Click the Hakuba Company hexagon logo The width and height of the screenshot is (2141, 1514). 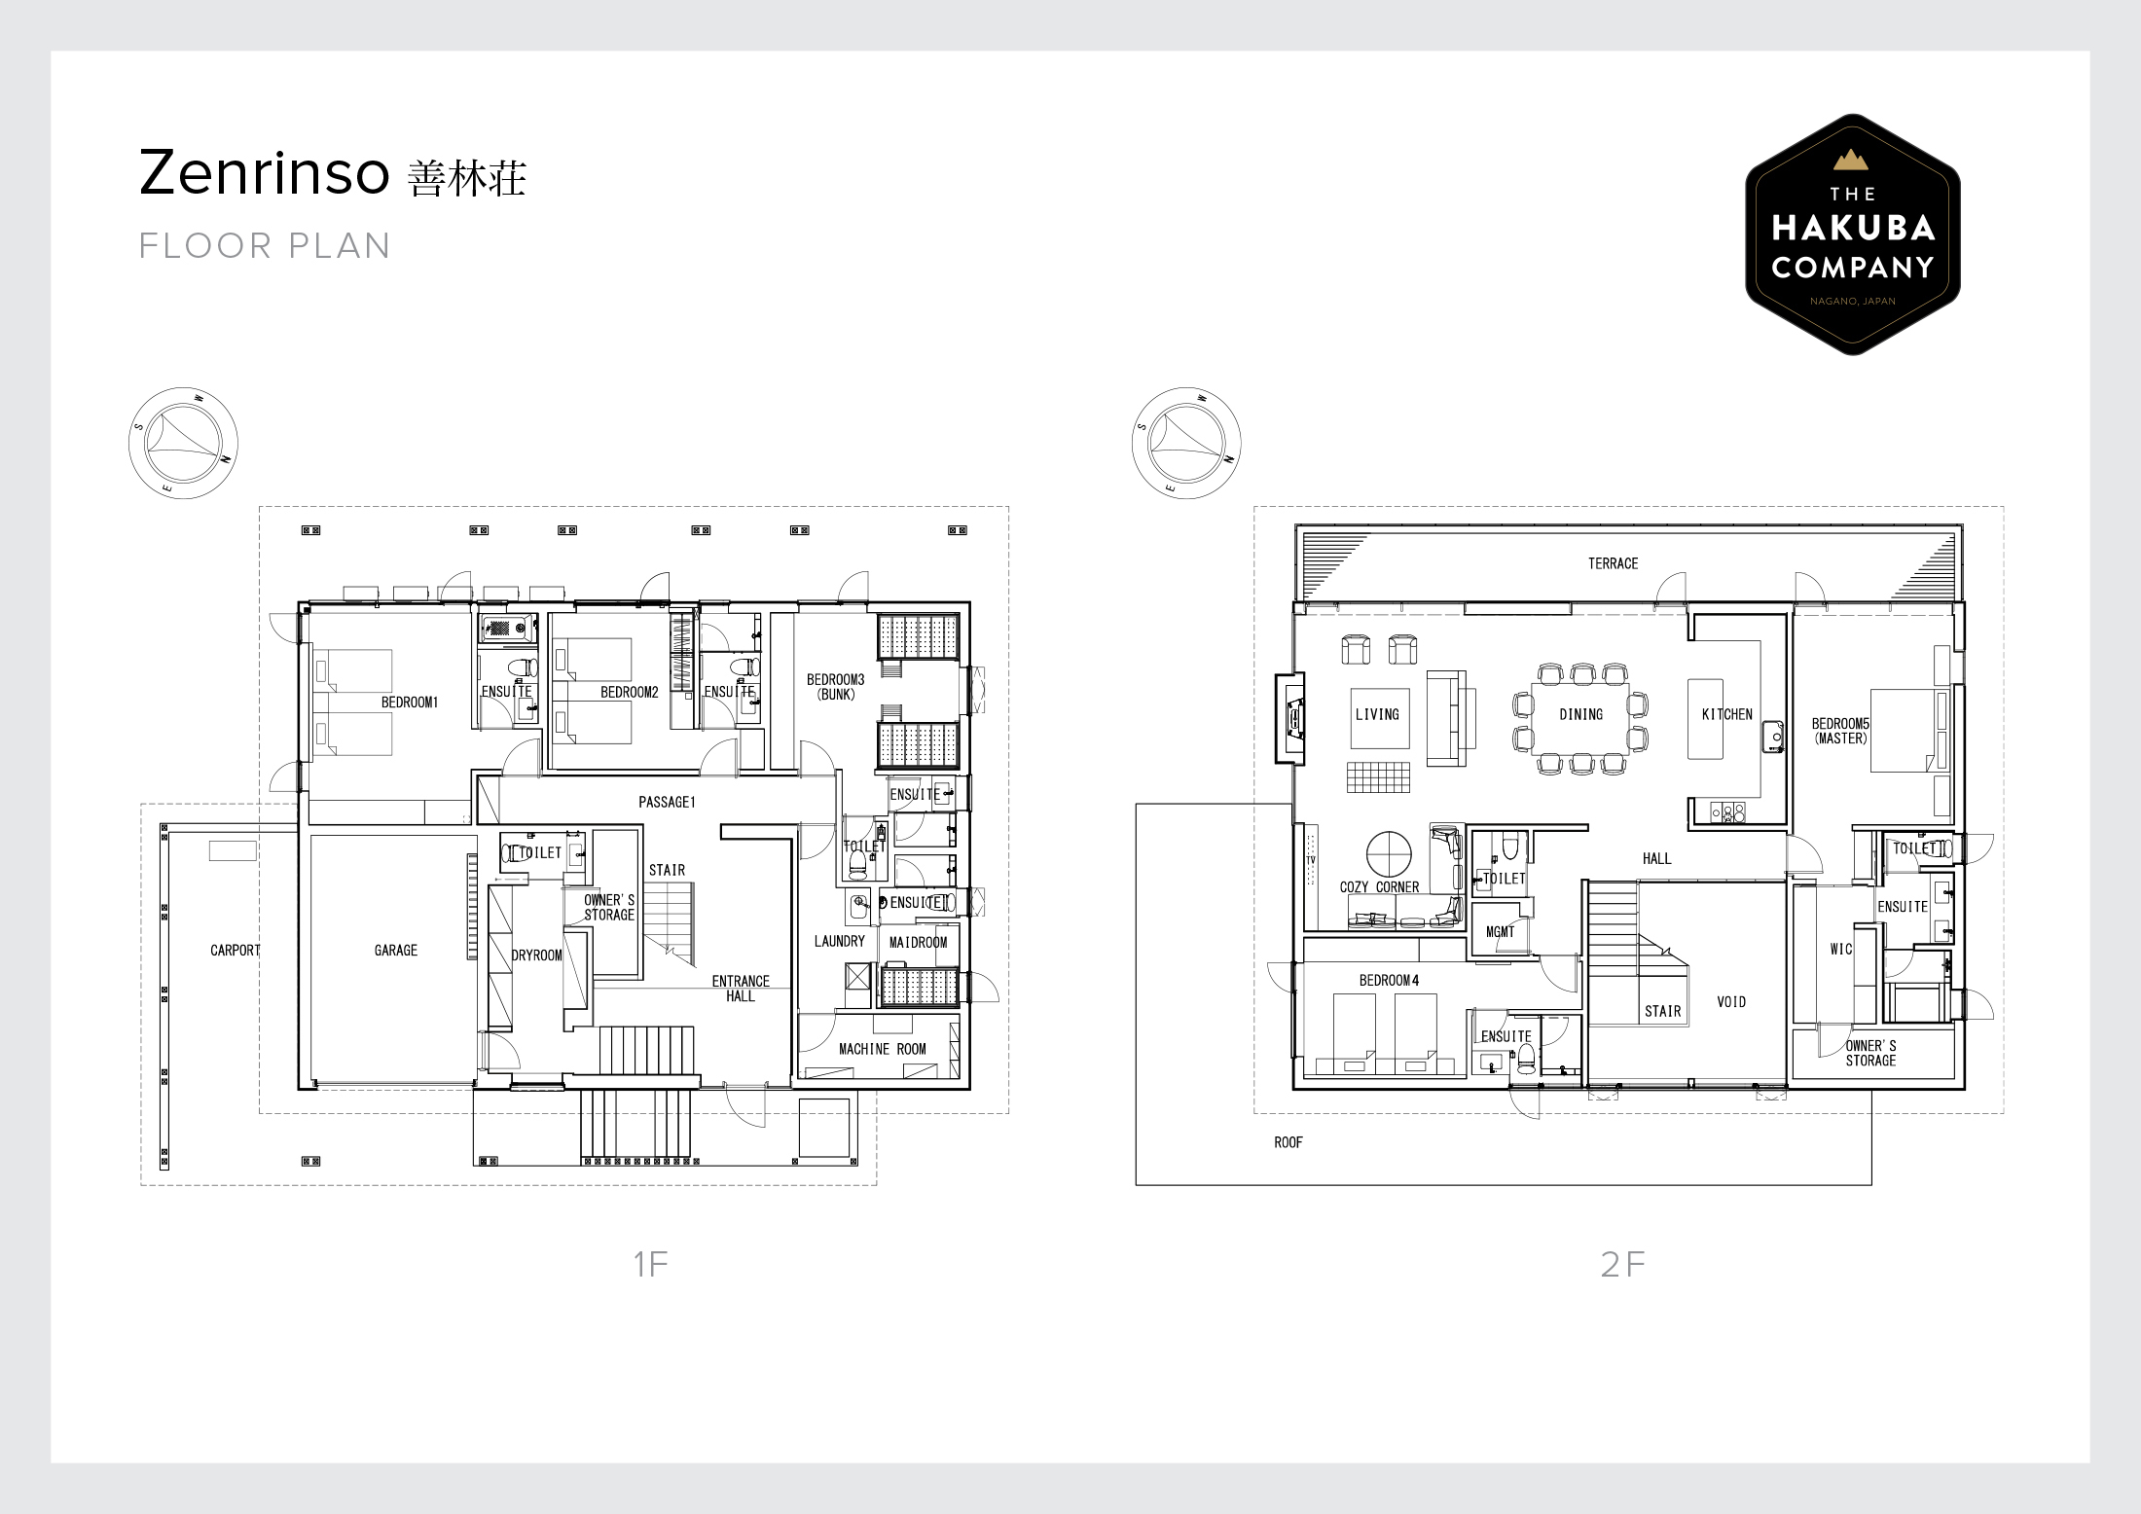coord(1852,234)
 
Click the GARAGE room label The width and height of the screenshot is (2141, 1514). coord(395,950)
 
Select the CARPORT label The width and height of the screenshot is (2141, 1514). coord(235,950)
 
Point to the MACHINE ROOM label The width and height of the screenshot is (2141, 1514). coord(882,1049)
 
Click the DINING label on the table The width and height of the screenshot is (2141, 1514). coord(1580,714)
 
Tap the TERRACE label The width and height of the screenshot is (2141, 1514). coord(1613,563)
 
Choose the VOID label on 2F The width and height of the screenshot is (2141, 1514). coord(1730,1001)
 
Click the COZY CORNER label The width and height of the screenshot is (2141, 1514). coord(1379,887)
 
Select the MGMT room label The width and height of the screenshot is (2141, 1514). coord(1500,932)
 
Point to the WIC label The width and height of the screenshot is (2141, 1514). coord(1841,950)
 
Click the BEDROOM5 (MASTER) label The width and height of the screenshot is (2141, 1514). coord(1840,731)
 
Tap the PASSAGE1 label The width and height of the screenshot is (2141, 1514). coord(667,802)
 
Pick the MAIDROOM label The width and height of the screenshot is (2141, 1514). coord(918,942)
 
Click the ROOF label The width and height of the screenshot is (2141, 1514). coord(1288,1142)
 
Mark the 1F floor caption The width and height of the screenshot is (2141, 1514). coord(650,1264)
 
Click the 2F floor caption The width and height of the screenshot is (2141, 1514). coord(1622,1264)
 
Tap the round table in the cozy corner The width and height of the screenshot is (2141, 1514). coord(1389,855)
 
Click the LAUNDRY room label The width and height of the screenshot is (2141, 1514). coord(839,941)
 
